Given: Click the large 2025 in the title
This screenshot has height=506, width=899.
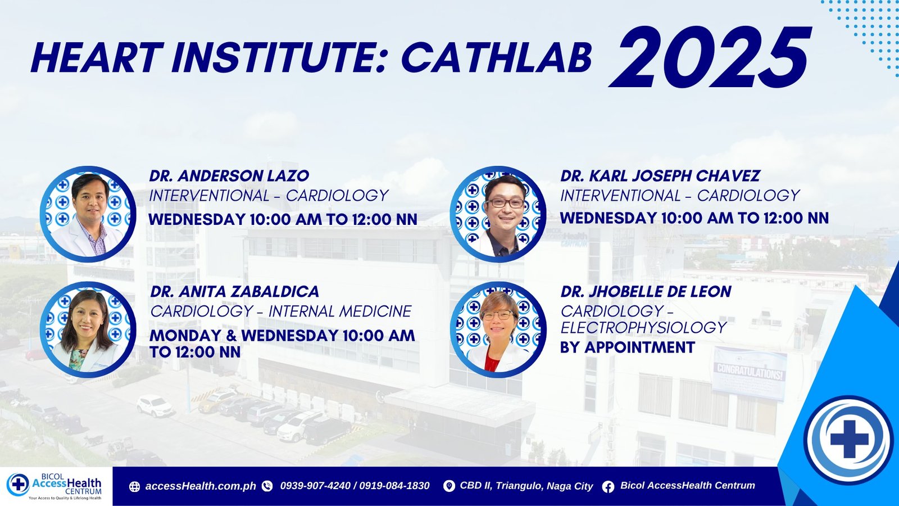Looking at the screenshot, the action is coord(710,57).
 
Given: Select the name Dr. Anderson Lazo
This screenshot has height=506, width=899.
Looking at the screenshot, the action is coord(229,175).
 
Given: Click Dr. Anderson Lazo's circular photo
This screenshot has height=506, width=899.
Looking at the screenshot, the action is coord(88,214).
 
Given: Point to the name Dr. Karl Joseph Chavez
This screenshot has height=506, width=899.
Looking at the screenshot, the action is coord(660,175).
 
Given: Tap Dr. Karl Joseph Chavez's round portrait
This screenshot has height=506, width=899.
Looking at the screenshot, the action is coord(498,214).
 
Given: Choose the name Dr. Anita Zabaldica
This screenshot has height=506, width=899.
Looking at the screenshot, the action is coord(235,292).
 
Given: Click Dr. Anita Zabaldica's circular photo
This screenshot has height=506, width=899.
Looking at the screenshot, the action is coord(88,329).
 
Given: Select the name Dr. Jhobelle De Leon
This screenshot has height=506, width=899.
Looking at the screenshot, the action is coord(646,292).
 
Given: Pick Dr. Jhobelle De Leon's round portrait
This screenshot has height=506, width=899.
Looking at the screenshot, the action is coord(498,329).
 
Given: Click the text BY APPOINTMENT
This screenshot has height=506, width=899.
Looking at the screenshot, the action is coord(628,347).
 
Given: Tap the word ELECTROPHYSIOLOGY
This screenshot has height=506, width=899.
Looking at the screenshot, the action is coord(643,328).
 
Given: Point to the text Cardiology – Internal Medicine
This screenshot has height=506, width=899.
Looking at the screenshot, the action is coord(281,311).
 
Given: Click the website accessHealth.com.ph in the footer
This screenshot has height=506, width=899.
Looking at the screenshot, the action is coord(201,486).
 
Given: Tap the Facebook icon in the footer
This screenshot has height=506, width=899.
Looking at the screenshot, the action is coord(608,487).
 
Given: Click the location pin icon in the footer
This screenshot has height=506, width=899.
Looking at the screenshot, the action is coord(449,486).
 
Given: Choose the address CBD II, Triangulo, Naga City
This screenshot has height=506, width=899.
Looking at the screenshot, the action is coord(526,486).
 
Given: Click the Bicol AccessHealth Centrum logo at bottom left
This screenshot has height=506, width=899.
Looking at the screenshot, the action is coord(55,486).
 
